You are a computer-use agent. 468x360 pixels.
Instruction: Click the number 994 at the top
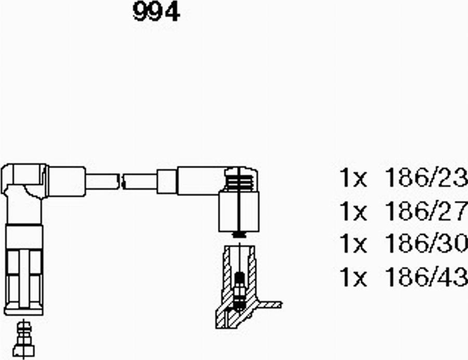pos(156,11)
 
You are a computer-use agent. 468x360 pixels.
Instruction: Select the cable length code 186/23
pos(426,178)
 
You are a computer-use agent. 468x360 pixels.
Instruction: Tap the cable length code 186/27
pos(426,211)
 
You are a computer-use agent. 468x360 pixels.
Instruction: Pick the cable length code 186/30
pos(426,244)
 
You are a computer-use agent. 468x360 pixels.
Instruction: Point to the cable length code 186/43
pos(426,277)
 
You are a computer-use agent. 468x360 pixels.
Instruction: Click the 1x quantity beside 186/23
pos(353,178)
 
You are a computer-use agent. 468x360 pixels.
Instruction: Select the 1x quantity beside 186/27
pos(353,211)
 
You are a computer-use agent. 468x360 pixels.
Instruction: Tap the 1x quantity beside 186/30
pos(353,244)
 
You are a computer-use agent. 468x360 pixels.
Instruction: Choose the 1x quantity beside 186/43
pos(353,277)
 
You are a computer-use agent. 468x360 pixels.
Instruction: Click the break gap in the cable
pos(122,181)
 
